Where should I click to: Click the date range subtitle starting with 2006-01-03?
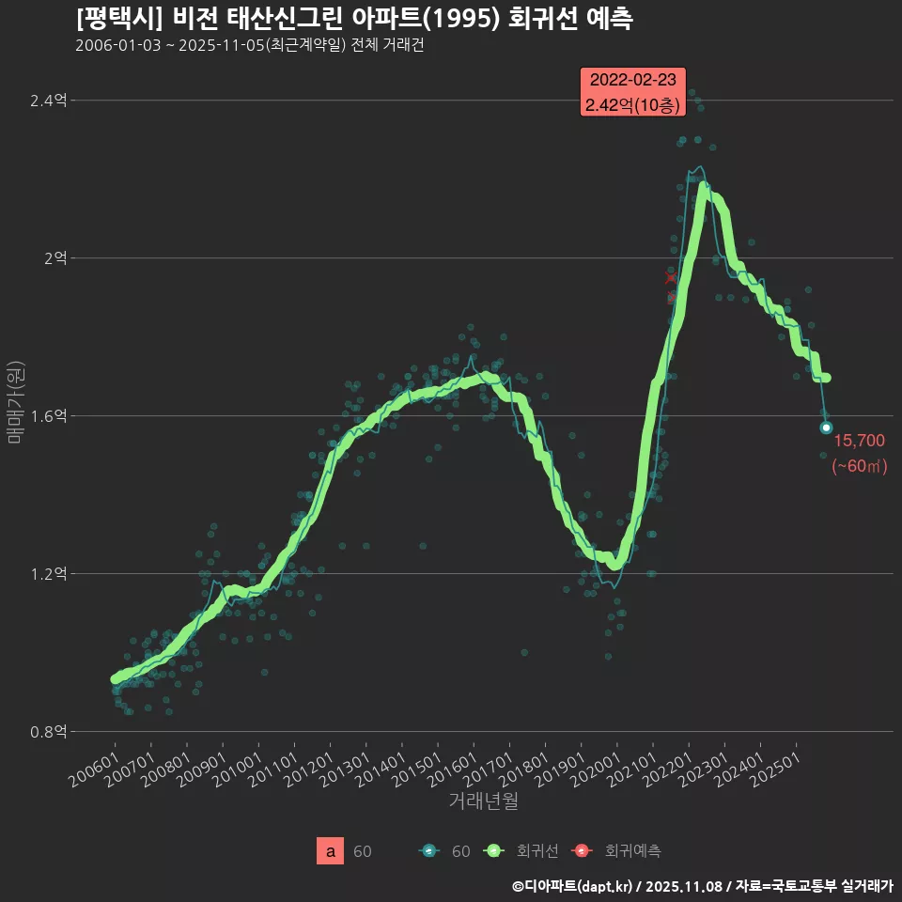coord(249,45)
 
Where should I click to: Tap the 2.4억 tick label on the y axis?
coord(49,101)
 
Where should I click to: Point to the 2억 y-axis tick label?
coord(54,258)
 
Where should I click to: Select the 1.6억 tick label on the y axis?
coord(49,416)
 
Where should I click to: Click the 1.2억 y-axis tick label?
coord(49,574)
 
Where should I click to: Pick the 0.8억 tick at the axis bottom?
coord(49,732)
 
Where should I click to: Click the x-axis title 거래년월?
coord(483,801)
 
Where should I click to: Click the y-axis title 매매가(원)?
coord(17,402)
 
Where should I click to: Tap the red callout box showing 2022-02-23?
coord(634,93)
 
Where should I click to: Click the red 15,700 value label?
coord(859,441)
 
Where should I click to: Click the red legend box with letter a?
coord(331,851)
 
